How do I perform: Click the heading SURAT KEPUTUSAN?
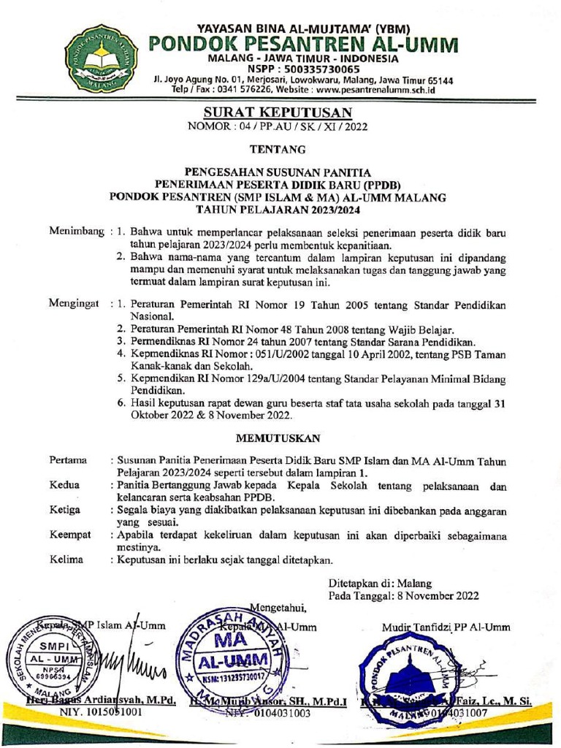[277, 112]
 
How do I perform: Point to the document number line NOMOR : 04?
[278, 126]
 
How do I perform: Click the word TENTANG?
[278, 150]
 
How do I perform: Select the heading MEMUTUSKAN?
[278, 439]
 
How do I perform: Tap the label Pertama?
[68, 460]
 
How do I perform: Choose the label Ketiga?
[65, 510]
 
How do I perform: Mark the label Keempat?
[70, 535]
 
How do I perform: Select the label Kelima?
[66, 560]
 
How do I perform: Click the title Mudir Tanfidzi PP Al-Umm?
[446, 626]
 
